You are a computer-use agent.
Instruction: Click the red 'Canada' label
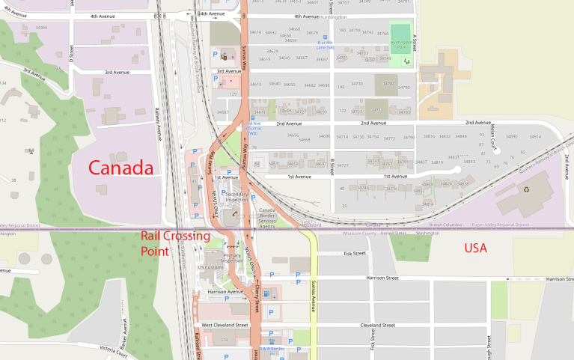tap(120, 168)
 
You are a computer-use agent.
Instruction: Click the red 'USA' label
tap(475, 248)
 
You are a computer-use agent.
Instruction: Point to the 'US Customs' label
tap(210, 267)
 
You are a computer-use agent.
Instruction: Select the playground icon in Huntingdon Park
tap(407, 59)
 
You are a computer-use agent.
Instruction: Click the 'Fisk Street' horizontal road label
tap(354, 253)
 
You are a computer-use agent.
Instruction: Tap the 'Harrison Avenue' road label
tap(225, 292)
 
